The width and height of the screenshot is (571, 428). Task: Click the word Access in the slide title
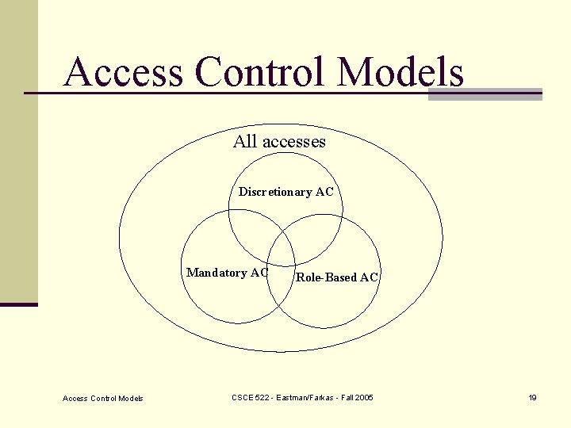(125, 72)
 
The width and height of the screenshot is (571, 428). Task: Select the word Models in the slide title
(400, 72)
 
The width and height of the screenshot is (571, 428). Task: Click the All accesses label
(279, 142)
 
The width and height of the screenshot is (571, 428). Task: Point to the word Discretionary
(275, 192)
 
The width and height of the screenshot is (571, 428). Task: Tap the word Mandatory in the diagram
(217, 273)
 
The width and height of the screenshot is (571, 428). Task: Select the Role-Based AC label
(337, 277)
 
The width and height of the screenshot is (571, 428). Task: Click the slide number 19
(533, 397)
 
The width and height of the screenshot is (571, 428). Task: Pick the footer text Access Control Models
(103, 398)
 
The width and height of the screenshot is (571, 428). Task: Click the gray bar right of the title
(485, 94)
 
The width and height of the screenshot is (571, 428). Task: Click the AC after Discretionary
(324, 192)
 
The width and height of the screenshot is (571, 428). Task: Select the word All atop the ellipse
(245, 142)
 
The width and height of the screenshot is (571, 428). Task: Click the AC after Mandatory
(259, 273)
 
